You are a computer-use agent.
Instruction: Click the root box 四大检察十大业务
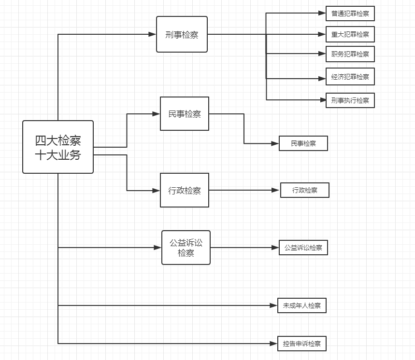(58, 147)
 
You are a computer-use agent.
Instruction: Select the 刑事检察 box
(182, 34)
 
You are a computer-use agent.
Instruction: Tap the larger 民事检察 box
(185, 114)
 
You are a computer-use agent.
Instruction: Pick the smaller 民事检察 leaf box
(303, 143)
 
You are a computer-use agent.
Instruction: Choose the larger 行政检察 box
(185, 190)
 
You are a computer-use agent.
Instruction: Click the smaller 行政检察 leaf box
(305, 190)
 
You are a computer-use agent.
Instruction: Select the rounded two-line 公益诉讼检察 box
(186, 248)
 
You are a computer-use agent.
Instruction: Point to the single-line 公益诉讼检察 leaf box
(303, 248)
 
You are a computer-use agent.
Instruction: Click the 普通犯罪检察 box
(350, 14)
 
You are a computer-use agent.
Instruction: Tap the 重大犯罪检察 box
(350, 34)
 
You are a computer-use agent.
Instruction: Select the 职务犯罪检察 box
(350, 54)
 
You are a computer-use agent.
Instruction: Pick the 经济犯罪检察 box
(350, 77)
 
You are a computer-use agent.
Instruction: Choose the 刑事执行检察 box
(350, 100)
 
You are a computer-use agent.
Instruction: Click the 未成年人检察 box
(301, 305)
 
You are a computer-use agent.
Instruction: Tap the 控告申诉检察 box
(301, 344)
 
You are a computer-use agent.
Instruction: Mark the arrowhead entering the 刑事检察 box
(153, 34)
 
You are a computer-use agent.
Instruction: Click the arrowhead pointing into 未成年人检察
(274, 305)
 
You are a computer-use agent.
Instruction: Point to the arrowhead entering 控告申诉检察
(274, 344)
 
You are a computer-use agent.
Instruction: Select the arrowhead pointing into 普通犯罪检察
(322, 14)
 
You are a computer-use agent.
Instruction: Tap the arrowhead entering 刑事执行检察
(322, 100)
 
